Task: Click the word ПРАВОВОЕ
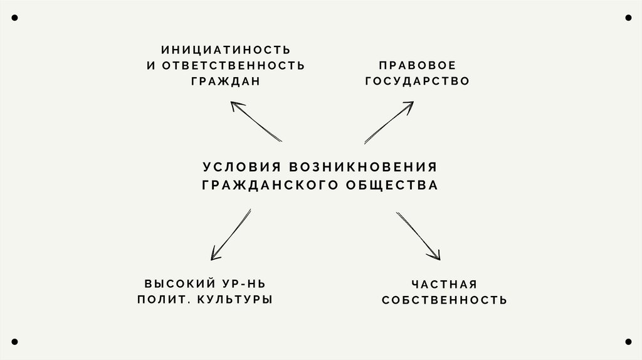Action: coord(416,65)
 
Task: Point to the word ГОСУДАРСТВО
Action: coord(416,82)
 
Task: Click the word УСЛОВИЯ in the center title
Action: coord(241,167)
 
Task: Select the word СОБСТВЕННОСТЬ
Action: coord(445,300)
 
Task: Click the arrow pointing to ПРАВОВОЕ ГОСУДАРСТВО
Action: coord(389,123)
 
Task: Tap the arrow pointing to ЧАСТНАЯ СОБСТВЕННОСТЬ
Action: coord(418,236)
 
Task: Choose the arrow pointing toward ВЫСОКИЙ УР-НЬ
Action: coord(230,235)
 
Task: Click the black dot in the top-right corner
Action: coord(628,18)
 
